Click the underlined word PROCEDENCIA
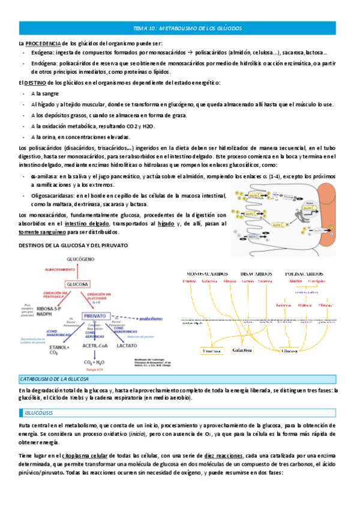(x=43, y=44)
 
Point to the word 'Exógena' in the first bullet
(x=42, y=53)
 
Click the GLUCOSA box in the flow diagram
(x=77, y=284)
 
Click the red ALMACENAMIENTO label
(x=77, y=270)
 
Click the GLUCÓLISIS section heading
(x=40, y=414)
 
